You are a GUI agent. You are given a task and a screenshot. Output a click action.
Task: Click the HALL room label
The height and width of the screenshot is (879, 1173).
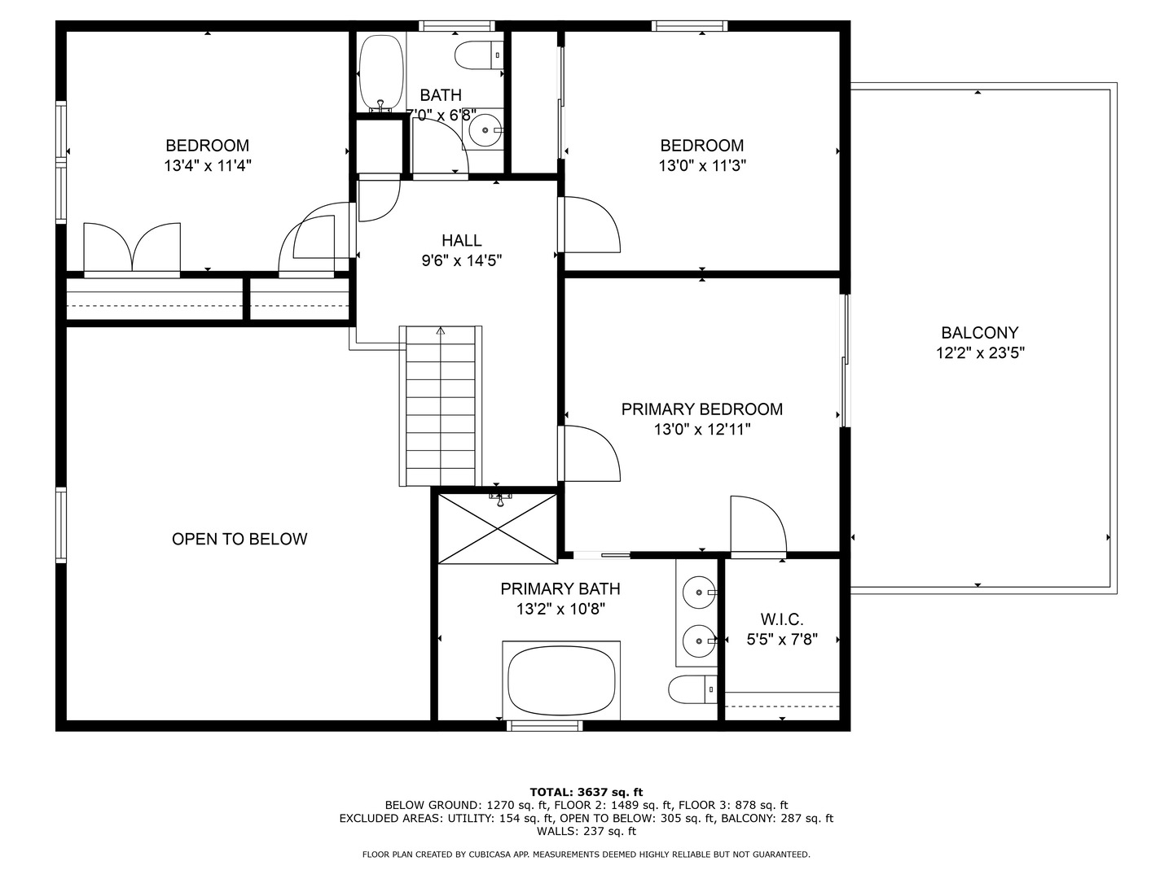coord(462,241)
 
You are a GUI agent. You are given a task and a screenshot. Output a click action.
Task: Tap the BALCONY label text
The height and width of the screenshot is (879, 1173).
coord(980,333)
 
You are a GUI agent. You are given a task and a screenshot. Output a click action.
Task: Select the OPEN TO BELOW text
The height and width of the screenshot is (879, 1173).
coord(239,539)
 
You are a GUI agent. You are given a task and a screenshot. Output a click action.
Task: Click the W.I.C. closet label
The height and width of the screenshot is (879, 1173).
coord(782,619)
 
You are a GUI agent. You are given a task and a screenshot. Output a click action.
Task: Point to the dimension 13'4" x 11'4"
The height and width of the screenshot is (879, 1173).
coord(208,165)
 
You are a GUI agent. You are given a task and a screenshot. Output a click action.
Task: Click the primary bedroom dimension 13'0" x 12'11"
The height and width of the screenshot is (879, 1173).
coord(702,429)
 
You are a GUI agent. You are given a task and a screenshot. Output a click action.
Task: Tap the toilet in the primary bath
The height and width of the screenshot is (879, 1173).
coord(692,689)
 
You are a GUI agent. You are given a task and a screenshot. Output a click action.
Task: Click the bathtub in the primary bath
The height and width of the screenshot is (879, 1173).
coord(561,680)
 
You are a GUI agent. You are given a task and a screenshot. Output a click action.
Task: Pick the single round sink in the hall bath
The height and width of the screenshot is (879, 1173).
coord(485,129)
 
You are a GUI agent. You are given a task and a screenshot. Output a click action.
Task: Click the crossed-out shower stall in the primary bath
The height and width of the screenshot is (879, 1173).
coord(498,528)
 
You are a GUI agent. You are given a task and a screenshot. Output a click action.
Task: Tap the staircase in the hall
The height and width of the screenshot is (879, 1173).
coord(441,405)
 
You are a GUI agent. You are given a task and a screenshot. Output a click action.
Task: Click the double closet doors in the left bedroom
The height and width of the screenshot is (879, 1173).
coord(132,249)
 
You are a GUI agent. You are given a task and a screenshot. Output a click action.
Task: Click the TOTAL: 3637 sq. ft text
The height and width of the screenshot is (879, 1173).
coord(586,792)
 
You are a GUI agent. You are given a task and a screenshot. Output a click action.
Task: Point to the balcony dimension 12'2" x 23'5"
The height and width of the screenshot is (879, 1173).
coord(980,353)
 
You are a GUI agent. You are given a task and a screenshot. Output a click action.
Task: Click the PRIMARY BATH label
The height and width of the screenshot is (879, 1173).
coord(560,589)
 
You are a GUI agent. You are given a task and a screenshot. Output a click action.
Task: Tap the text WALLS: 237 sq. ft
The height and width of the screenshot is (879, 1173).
coord(586,831)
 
